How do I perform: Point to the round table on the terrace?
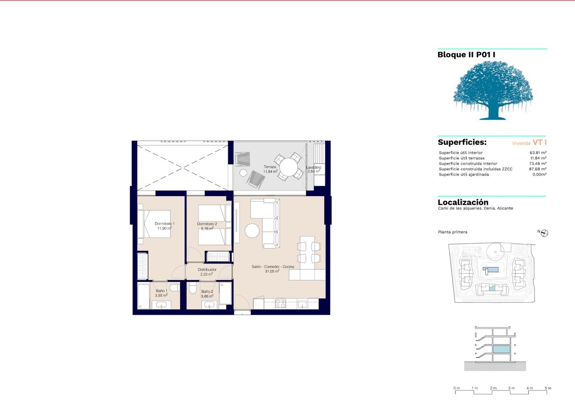[288, 167]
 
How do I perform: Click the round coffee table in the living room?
[252, 231]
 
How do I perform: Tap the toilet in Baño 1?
[175, 288]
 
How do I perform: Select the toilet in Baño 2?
[193, 288]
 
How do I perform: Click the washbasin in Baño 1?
[161, 305]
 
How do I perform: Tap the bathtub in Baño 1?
[143, 296]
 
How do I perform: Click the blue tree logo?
[493, 90]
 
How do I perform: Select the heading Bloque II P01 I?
[466, 55]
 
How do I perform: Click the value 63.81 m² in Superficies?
[538, 153]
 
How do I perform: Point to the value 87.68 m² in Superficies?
[538, 169]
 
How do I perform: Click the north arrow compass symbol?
[544, 233]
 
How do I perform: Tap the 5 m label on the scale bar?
[548, 388]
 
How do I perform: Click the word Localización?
[463, 202]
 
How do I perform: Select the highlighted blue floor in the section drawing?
[501, 349]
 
